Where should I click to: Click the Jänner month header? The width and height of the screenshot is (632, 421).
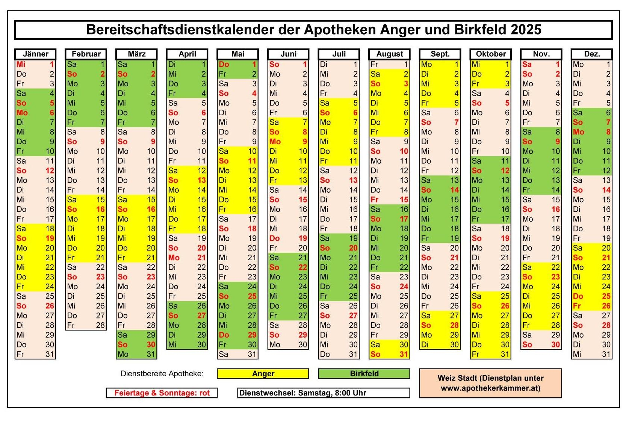tap(35, 54)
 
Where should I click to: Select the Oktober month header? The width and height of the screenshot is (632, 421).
tap(491, 54)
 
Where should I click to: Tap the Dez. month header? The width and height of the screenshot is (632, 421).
tap(591, 54)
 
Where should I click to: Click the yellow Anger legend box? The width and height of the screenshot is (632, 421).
tap(263, 374)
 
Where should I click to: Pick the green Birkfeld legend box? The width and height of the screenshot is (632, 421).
tap(364, 374)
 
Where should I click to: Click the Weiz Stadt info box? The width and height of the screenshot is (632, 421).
tap(490, 383)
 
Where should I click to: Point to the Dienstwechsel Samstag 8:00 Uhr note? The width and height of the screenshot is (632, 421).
tap(324, 393)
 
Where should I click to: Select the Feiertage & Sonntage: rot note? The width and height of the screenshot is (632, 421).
tap(162, 393)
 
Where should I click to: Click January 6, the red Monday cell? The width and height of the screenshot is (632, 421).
tap(35, 113)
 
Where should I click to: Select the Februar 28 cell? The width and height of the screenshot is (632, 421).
tap(86, 325)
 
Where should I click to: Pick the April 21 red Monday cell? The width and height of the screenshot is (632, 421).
tap(187, 258)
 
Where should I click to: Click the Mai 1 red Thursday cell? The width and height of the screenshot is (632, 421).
tap(237, 64)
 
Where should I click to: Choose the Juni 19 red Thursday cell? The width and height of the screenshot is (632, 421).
tap(288, 238)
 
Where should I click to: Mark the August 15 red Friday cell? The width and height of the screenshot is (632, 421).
tap(389, 199)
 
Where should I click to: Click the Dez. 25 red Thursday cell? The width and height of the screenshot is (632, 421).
tap(591, 296)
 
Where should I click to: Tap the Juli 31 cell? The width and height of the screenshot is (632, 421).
tap(339, 354)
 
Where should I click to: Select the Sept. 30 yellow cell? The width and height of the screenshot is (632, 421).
tap(440, 344)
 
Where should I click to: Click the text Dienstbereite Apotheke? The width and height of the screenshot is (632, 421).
tap(162, 374)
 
